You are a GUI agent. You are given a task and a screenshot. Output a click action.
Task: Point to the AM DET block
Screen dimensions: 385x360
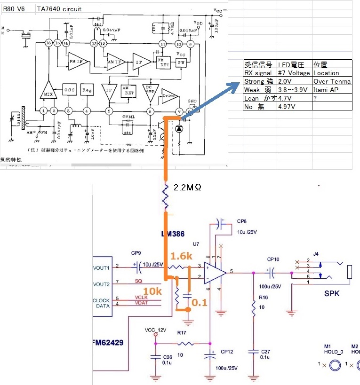[127, 90]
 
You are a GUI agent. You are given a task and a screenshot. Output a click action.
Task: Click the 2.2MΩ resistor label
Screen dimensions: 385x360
[187, 188]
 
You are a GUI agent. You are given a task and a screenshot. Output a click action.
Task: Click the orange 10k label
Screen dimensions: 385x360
[152, 291]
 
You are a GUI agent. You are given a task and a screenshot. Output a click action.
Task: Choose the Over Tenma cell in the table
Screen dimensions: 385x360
[332, 81]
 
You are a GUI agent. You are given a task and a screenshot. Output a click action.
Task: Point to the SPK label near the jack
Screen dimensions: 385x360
[331, 294]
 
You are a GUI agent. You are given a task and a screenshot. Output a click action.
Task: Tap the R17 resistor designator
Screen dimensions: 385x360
[182, 332]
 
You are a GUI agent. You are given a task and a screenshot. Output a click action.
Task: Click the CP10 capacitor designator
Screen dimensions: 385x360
[273, 259]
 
